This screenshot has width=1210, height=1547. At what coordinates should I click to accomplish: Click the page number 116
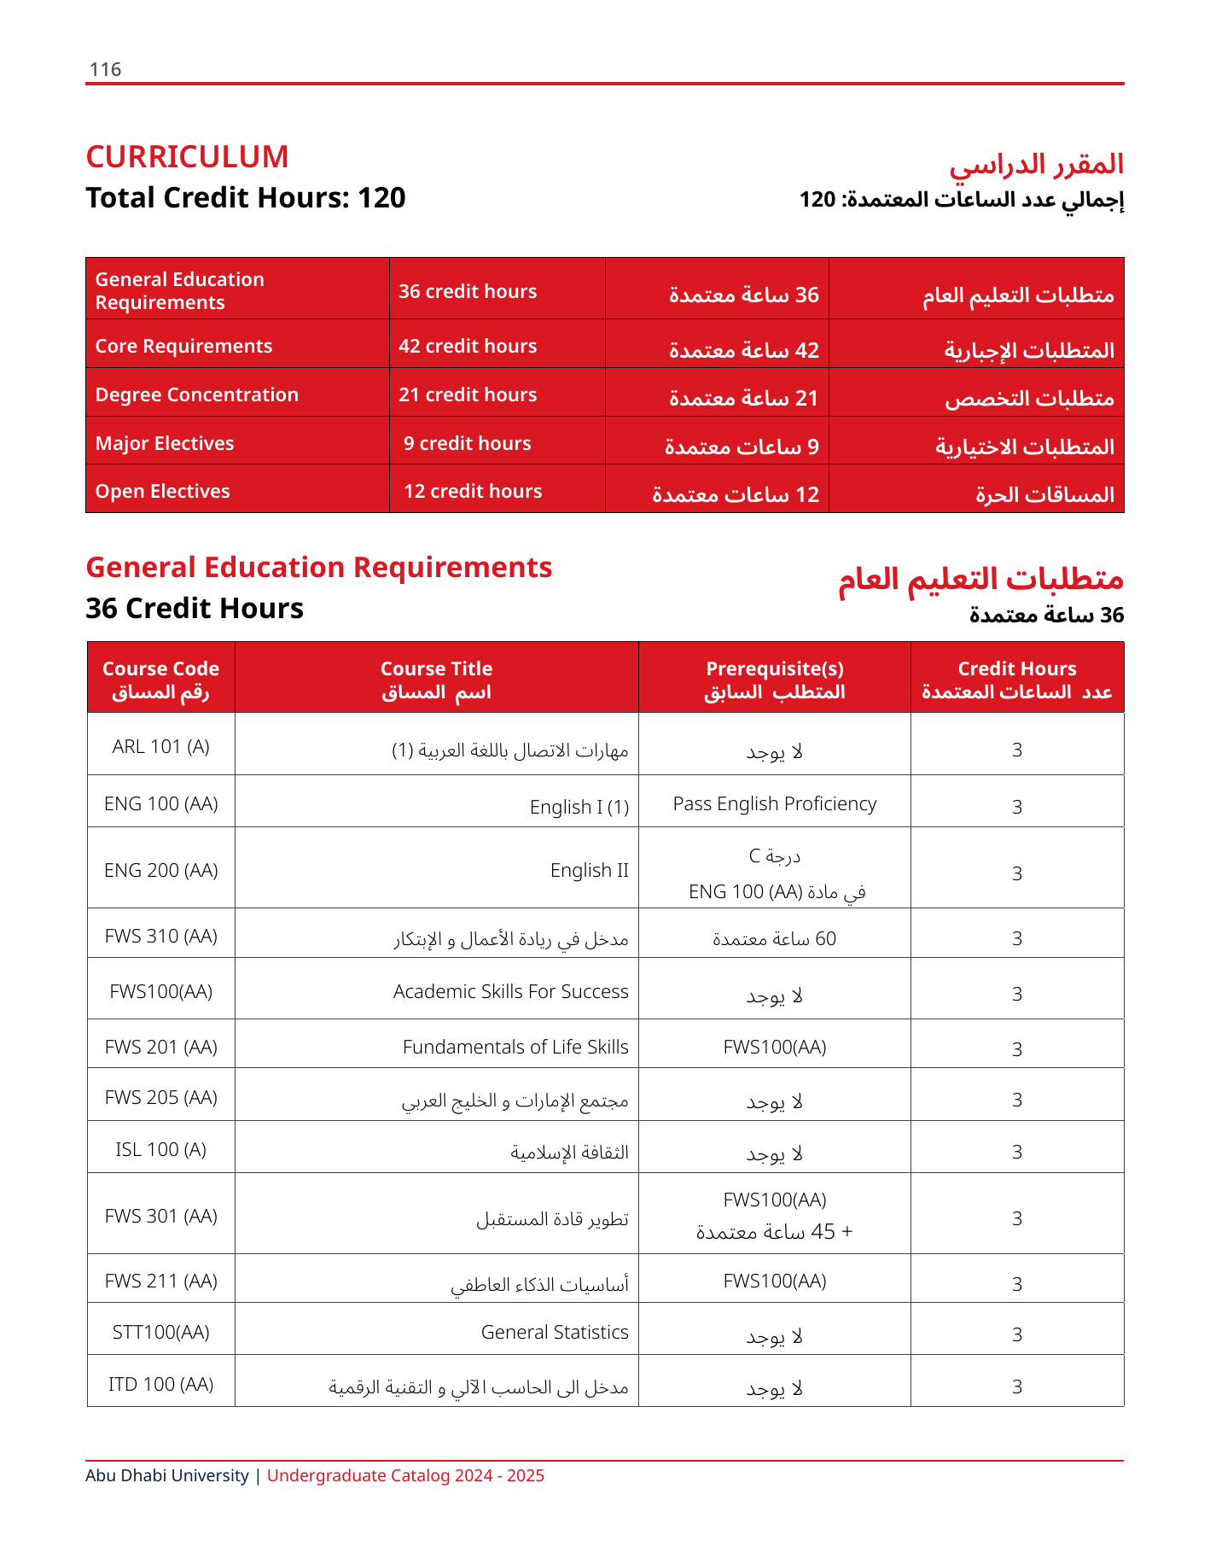(x=105, y=70)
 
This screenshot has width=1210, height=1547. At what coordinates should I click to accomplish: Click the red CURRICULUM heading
(x=187, y=157)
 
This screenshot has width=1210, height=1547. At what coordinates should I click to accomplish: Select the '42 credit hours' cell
(x=468, y=346)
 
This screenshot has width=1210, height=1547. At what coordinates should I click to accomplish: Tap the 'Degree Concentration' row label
(x=196, y=394)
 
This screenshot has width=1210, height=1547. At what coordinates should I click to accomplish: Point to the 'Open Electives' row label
(x=162, y=491)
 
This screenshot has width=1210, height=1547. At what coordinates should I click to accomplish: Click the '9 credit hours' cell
(x=468, y=443)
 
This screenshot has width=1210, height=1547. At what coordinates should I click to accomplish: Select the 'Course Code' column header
(x=160, y=669)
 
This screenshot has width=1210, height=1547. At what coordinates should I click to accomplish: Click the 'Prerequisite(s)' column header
(x=774, y=669)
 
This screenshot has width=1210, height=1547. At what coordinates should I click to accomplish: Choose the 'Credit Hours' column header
(x=1016, y=669)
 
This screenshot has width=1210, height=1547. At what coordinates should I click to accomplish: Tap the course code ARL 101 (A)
(x=160, y=747)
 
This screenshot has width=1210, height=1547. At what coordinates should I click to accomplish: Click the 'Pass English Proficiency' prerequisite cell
(x=774, y=804)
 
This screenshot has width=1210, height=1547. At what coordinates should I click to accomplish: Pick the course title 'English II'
(x=589, y=871)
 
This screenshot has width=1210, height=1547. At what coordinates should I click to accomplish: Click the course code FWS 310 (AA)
(x=160, y=937)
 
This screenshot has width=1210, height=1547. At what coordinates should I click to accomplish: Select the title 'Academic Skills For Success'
(x=510, y=992)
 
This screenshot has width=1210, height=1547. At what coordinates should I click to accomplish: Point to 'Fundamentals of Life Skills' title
(x=515, y=1048)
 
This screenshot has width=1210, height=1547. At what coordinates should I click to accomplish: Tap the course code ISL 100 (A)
(x=160, y=1150)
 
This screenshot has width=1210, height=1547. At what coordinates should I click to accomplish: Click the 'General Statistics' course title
(x=555, y=1333)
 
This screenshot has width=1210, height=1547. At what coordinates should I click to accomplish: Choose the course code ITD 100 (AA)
(x=160, y=1385)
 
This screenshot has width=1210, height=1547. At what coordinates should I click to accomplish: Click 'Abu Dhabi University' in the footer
(x=167, y=1476)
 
